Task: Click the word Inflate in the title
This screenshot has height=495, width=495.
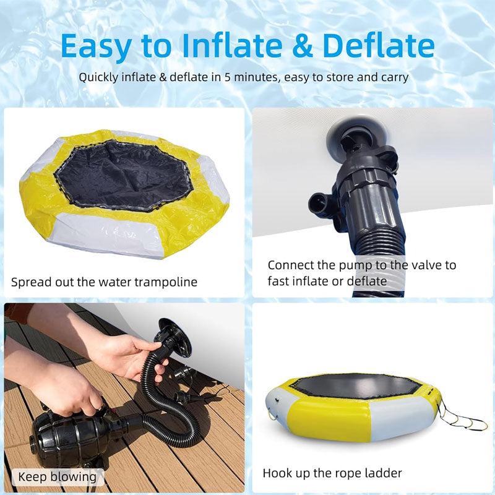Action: tap(233, 45)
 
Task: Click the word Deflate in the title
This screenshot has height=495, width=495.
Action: tap(379, 45)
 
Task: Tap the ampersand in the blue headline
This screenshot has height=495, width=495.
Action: tap(302, 46)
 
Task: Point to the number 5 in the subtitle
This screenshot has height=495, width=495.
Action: tap(227, 77)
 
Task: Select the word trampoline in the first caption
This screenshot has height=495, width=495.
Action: tap(166, 282)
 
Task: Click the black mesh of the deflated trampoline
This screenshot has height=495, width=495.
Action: tap(123, 174)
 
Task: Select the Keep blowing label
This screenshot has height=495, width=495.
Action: tap(57, 476)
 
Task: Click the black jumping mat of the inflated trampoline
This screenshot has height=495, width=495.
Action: tap(356, 385)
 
